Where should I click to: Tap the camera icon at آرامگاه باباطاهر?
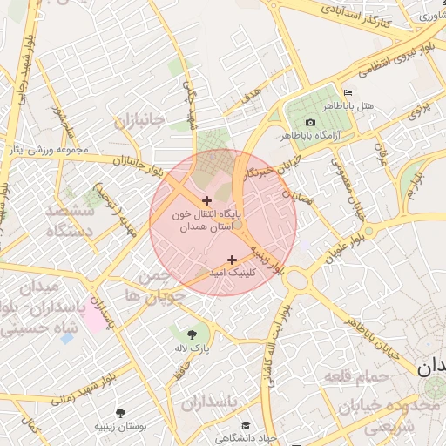click(311, 122)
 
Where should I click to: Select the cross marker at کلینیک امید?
click(232, 260)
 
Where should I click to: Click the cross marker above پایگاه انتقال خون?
click(206, 201)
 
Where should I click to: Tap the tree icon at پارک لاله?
click(191, 334)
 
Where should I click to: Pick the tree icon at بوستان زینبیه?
click(120, 413)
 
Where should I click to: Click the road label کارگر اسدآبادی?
click(355, 16)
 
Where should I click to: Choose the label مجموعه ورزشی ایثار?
click(49, 150)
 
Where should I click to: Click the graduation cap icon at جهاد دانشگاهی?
click(246, 425)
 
